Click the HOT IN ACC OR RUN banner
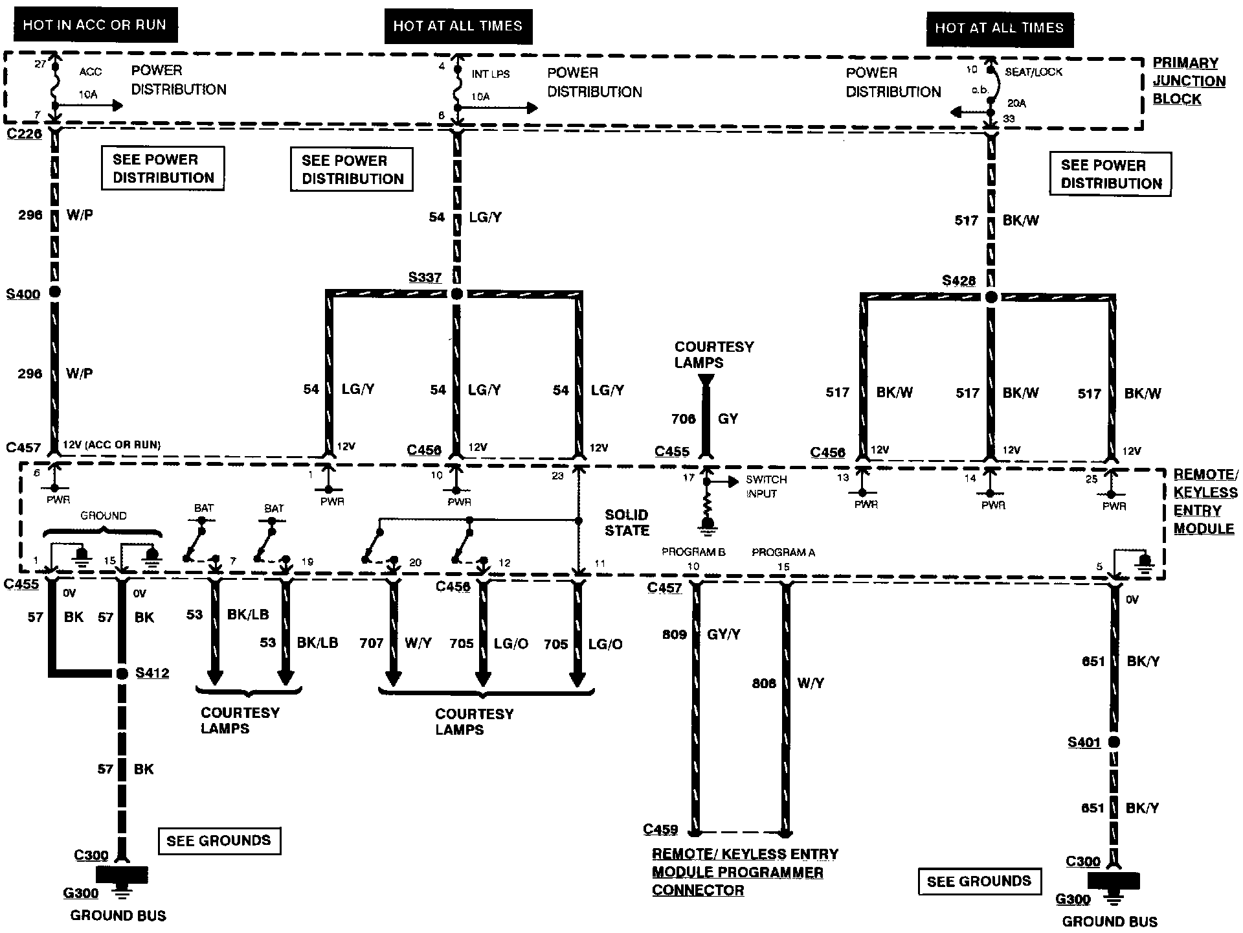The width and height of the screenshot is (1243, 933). click(95, 25)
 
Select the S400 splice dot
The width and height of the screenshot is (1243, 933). click(55, 292)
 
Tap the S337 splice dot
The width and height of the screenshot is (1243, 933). click(456, 294)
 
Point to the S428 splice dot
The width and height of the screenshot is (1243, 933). click(991, 297)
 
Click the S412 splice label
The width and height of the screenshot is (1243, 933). click(152, 673)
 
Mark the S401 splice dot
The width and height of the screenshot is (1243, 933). click(1114, 743)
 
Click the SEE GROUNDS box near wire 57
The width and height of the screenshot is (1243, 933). click(219, 840)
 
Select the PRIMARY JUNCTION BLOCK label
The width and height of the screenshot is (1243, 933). click(1189, 81)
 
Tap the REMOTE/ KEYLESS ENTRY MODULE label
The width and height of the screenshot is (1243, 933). click(1205, 501)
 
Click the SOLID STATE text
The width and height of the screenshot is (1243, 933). click(627, 522)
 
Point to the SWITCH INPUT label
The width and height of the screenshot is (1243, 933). click(766, 487)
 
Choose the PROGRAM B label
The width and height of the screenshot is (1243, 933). click(693, 552)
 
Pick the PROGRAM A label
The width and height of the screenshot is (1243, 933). click(783, 553)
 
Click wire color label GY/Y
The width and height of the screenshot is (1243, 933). click(724, 635)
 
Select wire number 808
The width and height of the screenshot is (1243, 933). click(764, 683)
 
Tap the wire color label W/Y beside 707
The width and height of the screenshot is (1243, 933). click(418, 643)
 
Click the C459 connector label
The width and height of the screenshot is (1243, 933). click(660, 829)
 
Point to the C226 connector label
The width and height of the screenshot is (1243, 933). click(24, 134)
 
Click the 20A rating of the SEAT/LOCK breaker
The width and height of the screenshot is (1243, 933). click(1016, 103)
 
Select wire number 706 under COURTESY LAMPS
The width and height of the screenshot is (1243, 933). click(683, 419)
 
